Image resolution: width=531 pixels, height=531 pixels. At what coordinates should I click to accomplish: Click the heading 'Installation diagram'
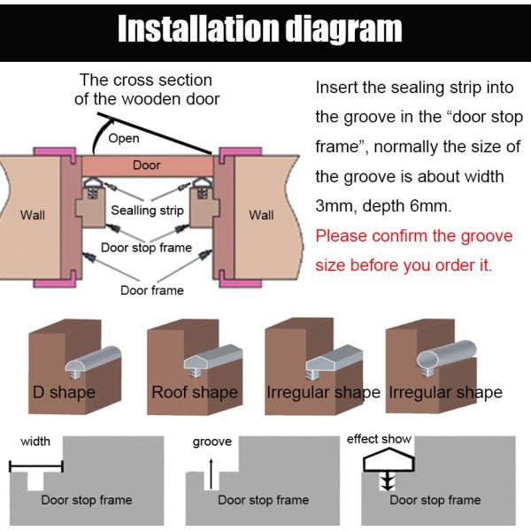click(x=259, y=29)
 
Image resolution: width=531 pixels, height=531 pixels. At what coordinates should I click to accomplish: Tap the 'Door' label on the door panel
click(x=146, y=165)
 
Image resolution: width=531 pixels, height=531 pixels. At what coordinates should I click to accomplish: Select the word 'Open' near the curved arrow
click(x=124, y=139)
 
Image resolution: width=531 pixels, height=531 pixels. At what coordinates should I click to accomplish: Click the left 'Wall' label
click(x=32, y=215)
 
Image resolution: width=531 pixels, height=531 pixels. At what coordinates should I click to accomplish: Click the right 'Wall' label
click(x=261, y=215)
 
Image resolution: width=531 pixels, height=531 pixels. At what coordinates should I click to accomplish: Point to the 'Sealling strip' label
click(x=147, y=211)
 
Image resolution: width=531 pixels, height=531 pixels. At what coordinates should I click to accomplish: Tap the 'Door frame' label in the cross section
click(x=152, y=290)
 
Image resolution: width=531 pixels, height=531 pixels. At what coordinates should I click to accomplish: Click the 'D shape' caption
click(x=64, y=392)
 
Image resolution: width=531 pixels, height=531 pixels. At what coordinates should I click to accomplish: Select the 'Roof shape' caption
click(x=195, y=392)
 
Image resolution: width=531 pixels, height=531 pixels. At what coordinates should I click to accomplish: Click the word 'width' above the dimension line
click(x=35, y=442)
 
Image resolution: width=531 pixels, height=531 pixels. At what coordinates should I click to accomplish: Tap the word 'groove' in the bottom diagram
click(x=212, y=442)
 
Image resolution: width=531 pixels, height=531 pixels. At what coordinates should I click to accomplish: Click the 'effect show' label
click(x=379, y=439)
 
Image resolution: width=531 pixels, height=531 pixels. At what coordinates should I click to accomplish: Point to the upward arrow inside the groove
click(x=211, y=474)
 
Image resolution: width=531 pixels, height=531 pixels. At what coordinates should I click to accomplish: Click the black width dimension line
click(x=36, y=466)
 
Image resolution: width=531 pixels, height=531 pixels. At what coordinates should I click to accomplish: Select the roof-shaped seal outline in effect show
click(x=389, y=460)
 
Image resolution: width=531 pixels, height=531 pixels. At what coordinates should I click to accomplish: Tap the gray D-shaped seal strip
click(x=93, y=358)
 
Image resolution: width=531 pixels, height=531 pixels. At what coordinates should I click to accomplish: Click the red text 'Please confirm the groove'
click(x=414, y=235)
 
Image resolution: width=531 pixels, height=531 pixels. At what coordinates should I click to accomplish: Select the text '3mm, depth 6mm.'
click(x=383, y=206)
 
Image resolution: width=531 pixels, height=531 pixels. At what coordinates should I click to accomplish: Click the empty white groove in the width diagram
click(x=35, y=481)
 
